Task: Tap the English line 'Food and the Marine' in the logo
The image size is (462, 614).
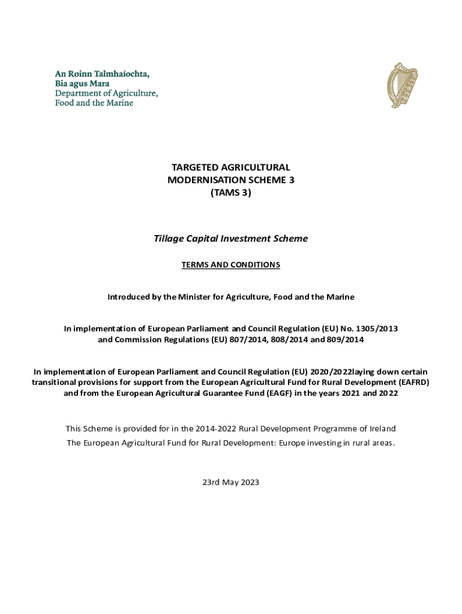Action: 94,103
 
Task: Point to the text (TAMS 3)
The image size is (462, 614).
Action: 231,192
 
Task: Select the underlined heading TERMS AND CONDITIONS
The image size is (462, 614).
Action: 231,264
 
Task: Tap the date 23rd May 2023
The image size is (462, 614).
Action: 231,482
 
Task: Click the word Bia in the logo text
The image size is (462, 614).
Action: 62,84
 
